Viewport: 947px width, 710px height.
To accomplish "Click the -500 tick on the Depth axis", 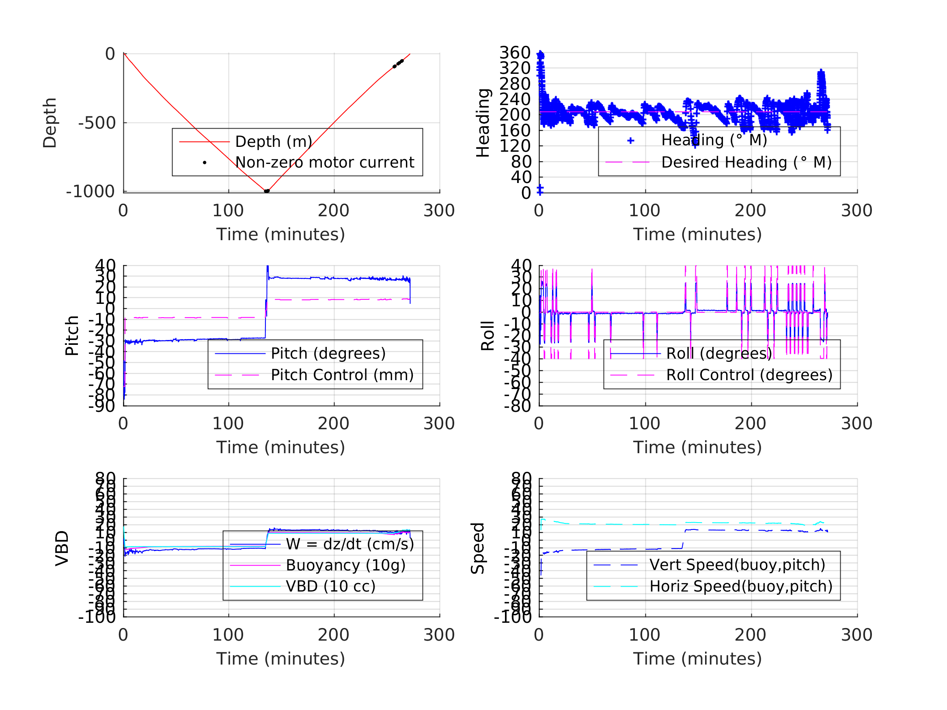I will tap(97, 123).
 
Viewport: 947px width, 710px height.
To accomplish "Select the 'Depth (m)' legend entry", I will tap(273, 142).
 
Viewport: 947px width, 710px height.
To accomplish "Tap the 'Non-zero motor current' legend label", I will tap(324, 163).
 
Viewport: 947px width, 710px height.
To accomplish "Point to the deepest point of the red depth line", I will tap(266, 191).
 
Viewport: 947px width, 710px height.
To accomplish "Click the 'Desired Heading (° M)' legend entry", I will tap(746, 163).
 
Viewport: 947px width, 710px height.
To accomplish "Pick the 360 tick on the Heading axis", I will tap(515, 53).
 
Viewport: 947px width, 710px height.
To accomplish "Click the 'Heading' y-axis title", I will tap(483, 123).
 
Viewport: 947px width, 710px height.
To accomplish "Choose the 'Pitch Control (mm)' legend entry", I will tap(342, 375).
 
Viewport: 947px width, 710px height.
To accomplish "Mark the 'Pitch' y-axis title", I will tap(72, 336).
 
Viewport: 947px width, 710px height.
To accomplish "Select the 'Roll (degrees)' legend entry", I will tap(719, 353).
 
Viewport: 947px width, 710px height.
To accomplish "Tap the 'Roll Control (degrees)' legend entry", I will tap(749, 375).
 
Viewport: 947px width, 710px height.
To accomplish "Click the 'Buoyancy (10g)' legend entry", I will tap(345, 565).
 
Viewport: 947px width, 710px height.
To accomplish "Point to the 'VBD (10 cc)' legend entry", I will tap(330, 586).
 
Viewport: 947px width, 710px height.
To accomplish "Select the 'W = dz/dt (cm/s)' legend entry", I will tap(350, 544).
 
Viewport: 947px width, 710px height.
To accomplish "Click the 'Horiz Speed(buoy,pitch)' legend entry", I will tap(741, 586).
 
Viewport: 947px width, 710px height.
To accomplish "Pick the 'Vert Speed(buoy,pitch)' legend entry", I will tap(737, 565).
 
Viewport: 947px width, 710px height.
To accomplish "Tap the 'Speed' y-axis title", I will tap(478, 548).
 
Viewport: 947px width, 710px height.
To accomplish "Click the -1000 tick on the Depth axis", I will tap(91, 192).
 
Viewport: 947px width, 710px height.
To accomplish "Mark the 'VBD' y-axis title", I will tap(62, 548).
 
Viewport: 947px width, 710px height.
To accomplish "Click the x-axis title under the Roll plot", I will tap(697, 448).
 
